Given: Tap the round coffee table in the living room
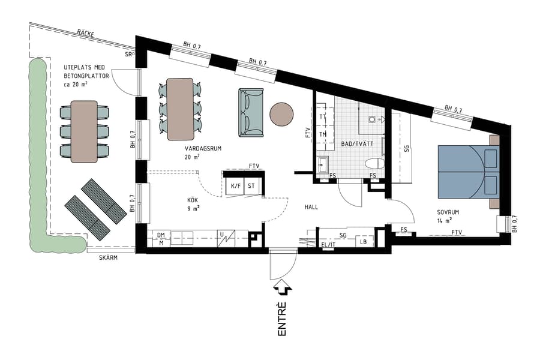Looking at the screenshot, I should [x=281, y=114].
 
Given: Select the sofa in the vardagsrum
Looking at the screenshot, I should [x=251, y=113].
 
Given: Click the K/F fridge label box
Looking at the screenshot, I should [x=235, y=186].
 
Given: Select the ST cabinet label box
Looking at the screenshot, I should [x=251, y=186].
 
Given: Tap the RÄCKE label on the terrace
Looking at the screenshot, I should [x=85, y=34].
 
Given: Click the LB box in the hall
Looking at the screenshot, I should [x=364, y=242].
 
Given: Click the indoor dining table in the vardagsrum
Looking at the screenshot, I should [x=180, y=109].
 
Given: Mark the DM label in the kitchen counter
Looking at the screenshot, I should [x=161, y=235].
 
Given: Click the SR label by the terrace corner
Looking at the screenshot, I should [x=128, y=54].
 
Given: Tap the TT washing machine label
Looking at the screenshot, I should [x=323, y=116].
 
